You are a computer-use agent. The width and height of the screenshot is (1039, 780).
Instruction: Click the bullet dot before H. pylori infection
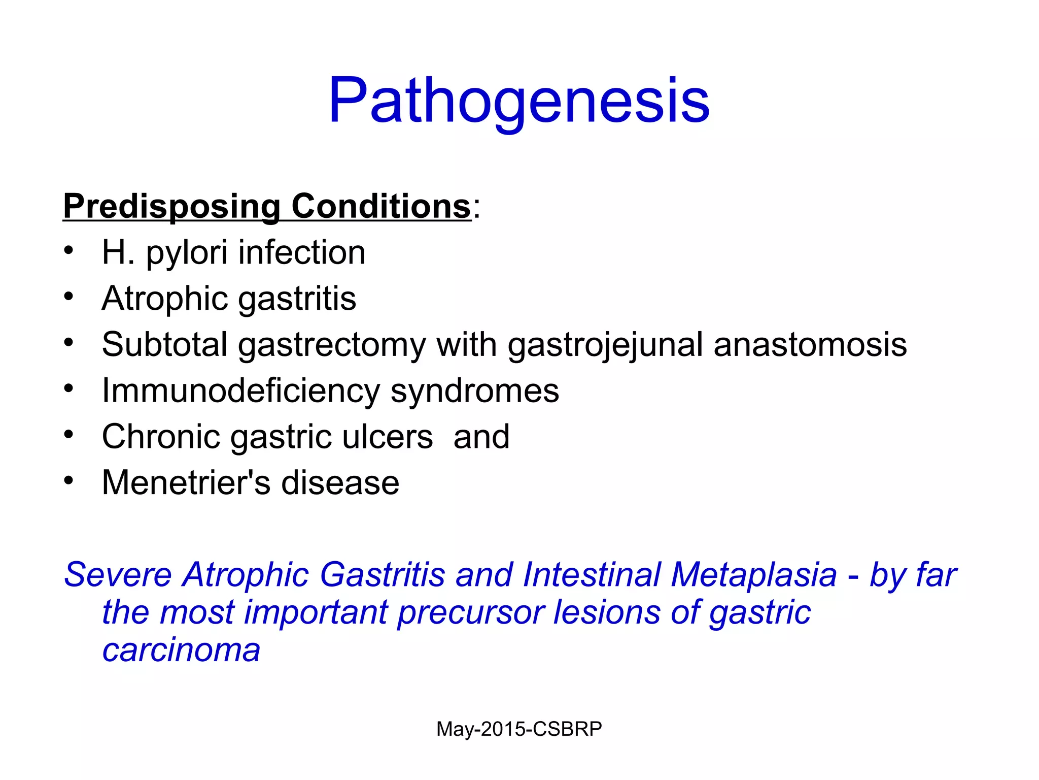(x=69, y=250)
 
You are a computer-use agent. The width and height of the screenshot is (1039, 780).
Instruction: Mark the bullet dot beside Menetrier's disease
(x=69, y=480)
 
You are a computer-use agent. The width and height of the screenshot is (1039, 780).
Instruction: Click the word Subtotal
(x=164, y=344)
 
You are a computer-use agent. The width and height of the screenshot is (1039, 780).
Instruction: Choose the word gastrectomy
(x=332, y=345)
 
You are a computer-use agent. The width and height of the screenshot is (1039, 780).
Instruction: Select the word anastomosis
(x=810, y=344)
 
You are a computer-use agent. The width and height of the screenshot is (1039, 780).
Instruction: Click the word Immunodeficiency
(x=240, y=391)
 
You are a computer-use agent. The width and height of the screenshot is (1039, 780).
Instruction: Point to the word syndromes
(x=475, y=392)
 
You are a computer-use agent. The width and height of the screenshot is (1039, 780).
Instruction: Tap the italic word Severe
(x=118, y=575)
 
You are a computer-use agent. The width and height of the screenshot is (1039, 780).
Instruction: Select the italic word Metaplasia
(x=754, y=575)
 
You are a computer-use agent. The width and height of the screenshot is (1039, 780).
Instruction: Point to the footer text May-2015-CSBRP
(x=519, y=729)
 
